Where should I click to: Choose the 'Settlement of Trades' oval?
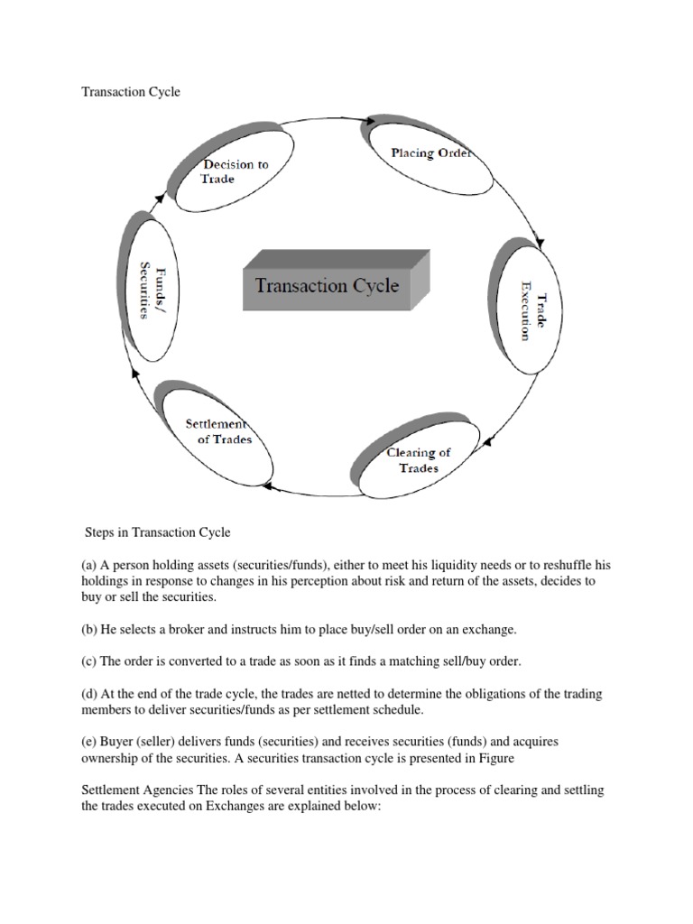pos(217,432)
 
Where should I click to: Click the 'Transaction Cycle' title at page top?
pos(131,92)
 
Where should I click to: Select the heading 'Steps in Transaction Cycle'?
pos(158,533)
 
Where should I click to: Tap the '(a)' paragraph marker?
pos(90,565)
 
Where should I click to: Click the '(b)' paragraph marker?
pos(90,629)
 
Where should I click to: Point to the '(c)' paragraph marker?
pos(90,661)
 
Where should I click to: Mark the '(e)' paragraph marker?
pos(90,742)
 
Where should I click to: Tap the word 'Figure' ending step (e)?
pos(495,758)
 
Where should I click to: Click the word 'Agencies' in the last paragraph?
pos(171,790)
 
